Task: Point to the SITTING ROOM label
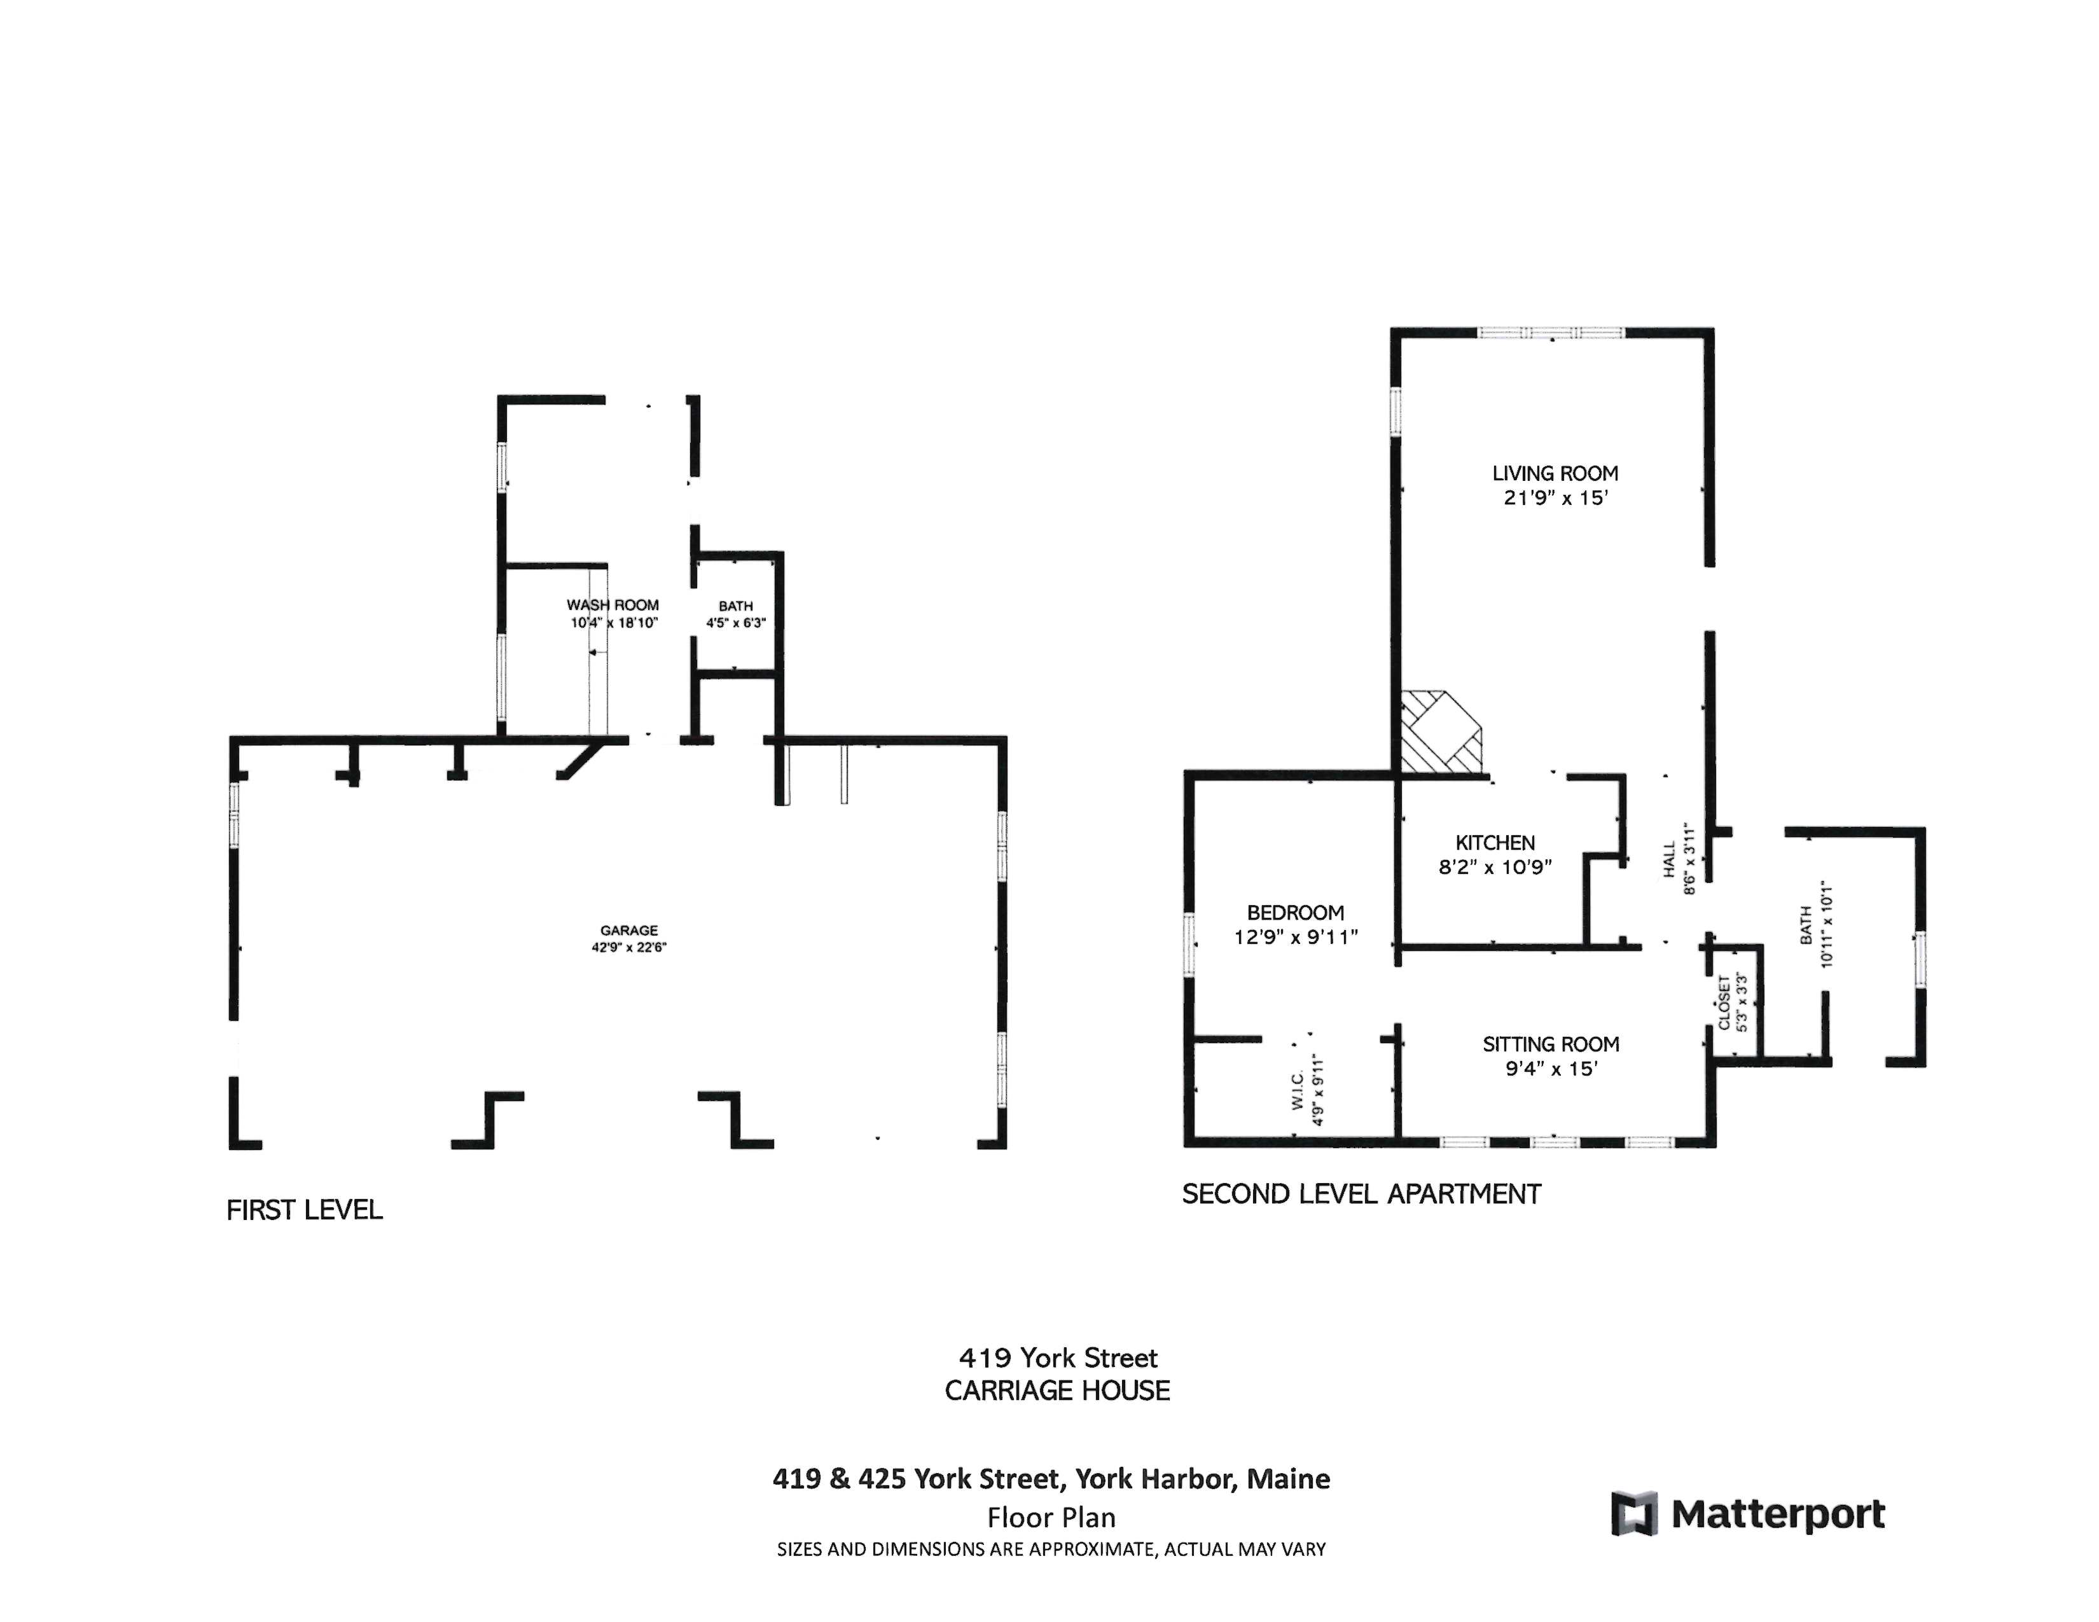point(1550,1044)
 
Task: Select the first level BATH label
point(735,606)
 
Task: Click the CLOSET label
point(1724,1002)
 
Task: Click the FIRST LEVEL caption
point(303,1210)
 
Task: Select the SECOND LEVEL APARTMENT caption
point(1361,1195)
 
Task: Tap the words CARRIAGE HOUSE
point(1057,1390)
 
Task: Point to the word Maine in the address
point(1288,1479)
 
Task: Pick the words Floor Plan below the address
point(1051,1518)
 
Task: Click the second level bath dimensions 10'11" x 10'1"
point(1827,924)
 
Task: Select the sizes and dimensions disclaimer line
point(1051,1549)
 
